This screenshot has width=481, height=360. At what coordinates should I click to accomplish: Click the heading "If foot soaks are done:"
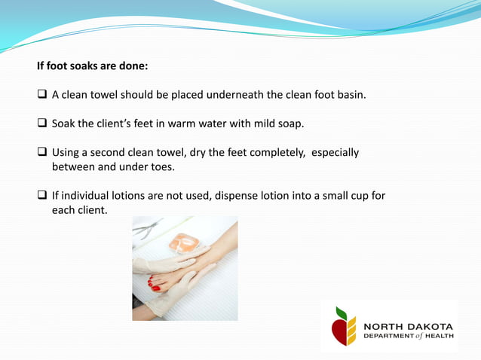pos(92,66)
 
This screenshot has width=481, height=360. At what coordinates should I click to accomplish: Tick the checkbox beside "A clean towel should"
pos(42,95)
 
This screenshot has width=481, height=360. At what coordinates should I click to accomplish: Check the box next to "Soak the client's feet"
pos(42,123)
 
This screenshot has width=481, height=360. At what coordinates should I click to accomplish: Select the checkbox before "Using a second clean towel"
pos(42,152)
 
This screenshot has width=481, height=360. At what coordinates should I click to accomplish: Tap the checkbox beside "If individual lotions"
pos(42,196)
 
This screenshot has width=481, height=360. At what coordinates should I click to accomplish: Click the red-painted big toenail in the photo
pos(155,287)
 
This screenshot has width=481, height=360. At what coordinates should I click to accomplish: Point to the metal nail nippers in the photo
pos(148,227)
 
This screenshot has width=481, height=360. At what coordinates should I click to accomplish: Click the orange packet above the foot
pos(183,243)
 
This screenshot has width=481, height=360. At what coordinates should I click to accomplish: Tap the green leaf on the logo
pos(342,313)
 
